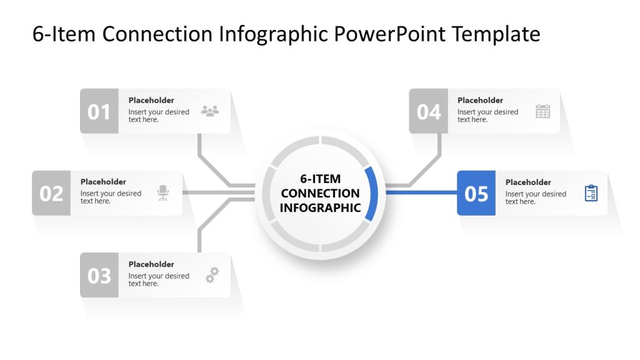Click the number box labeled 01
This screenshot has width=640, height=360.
pyautogui.click(x=99, y=111)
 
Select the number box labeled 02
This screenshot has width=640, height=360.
pyautogui.click(x=51, y=193)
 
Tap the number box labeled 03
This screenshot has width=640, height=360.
pyautogui.click(x=99, y=275)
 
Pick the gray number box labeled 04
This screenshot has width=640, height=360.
pyautogui.click(x=428, y=111)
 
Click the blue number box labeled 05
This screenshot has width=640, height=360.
pyautogui.click(x=476, y=193)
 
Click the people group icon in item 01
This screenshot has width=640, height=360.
pyautogui.click(x=210, y=111)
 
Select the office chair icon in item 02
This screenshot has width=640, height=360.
pyautogui.click(x=163, y=193)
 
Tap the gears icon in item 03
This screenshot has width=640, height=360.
pyautogui.click(x=212, y=275)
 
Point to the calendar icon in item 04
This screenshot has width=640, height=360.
pyautogui.click(x=542, y=111)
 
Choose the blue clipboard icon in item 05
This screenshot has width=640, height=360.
pyautogui.click(x=591, y=193)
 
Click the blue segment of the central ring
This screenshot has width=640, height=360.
pyautogui.click(x=372, y=194)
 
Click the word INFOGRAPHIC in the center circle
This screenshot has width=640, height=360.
pyautogui.click(x=320, y=208)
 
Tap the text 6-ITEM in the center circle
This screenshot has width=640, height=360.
pyautogui.click(x=320, y=179)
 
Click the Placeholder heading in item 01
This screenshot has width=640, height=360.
pyautogui.click(x=151, y=100)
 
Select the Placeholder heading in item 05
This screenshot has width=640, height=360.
pyautogui.click(x=528, y=182)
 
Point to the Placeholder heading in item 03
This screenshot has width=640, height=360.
pyautogui.click(x=151, y=264)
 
